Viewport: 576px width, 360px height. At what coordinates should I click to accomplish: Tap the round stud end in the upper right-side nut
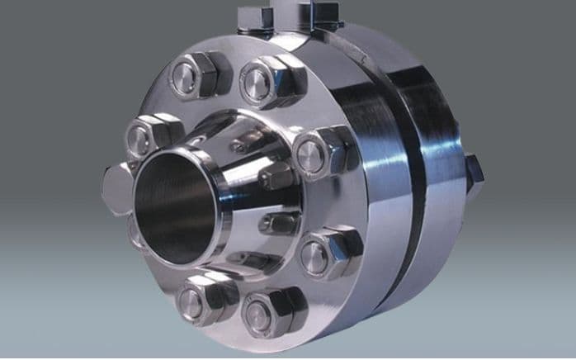310,157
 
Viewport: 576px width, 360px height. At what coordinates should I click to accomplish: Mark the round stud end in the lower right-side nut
314,257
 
